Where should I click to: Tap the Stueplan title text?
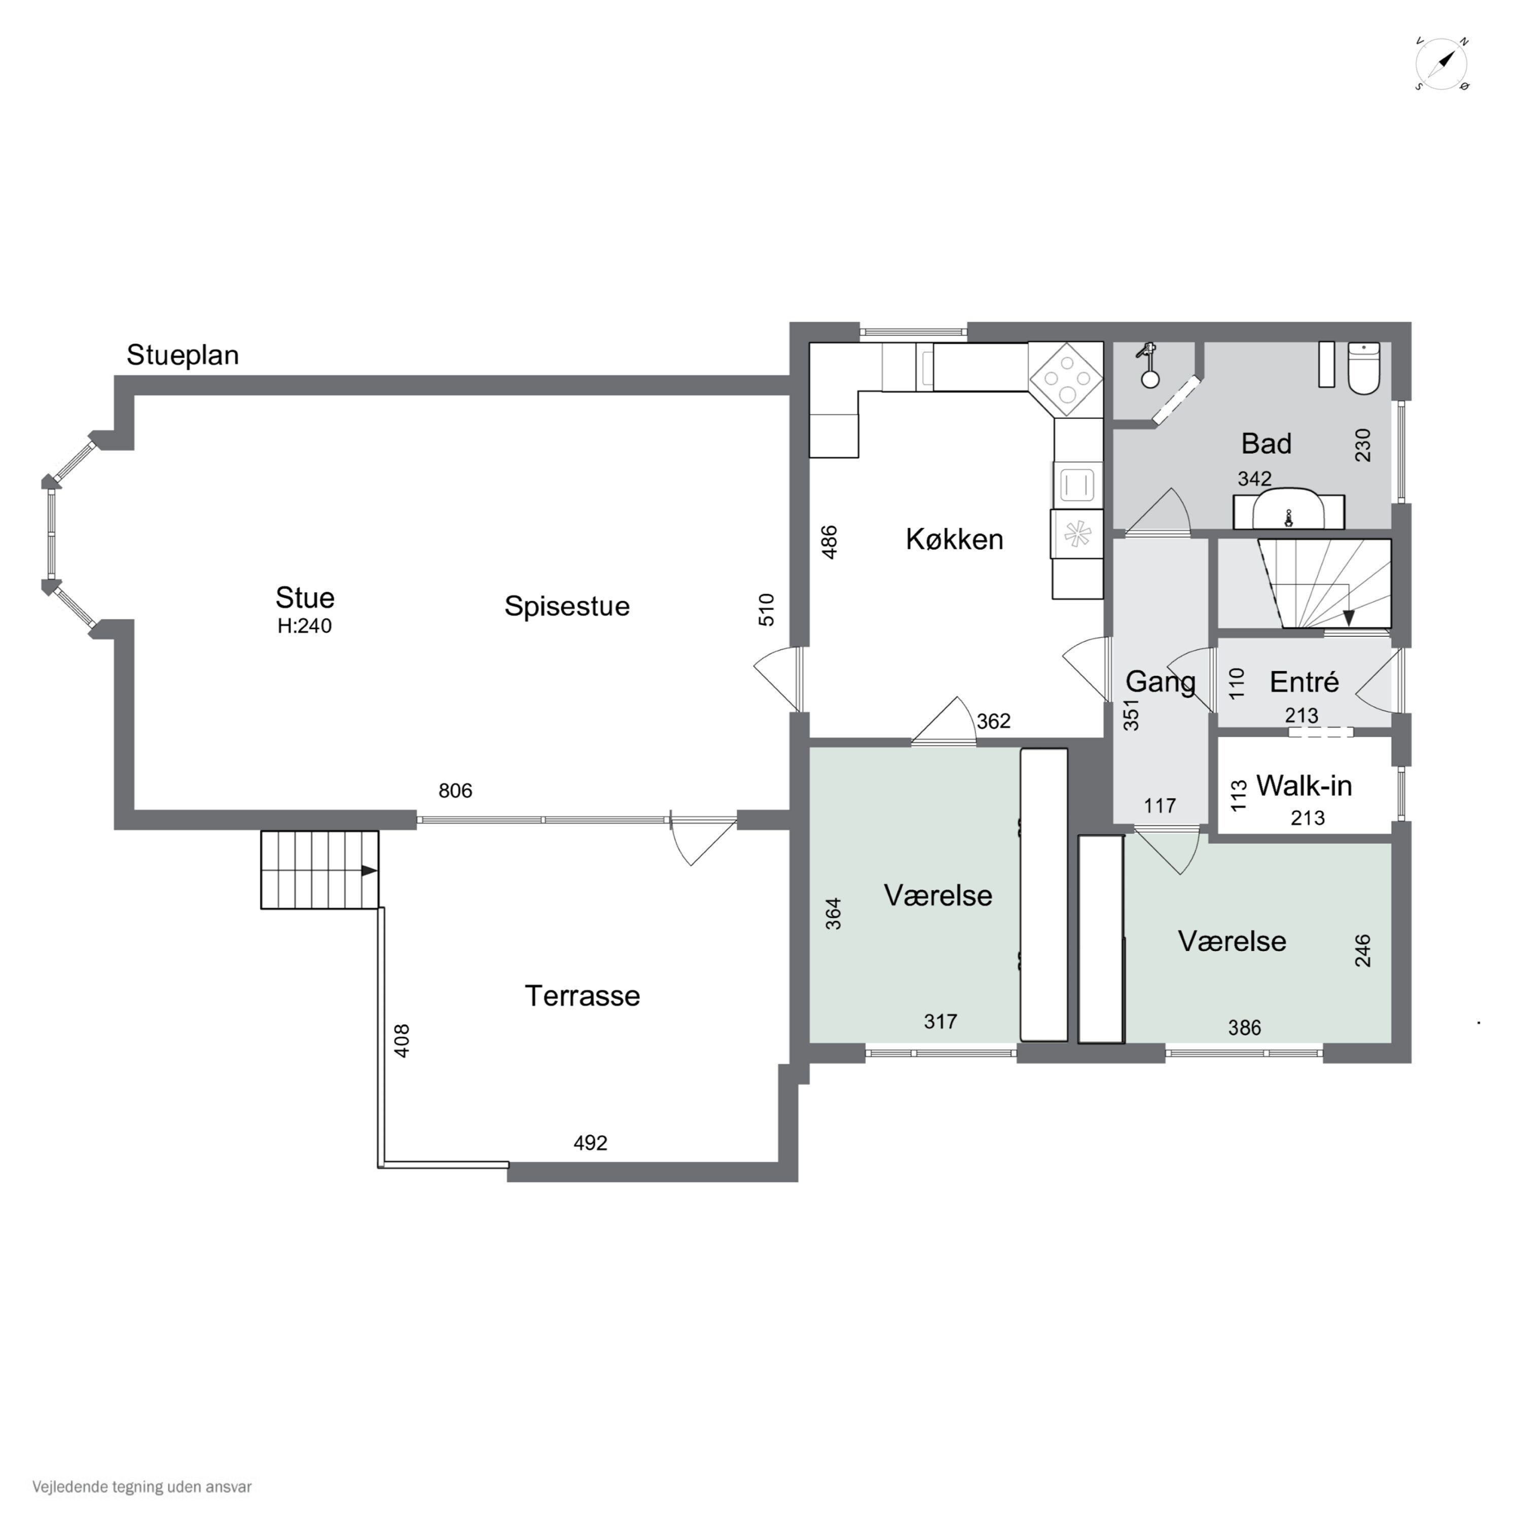pos(183,355)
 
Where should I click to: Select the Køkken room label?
pos(954,539)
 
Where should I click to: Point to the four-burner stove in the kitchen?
pos(1066,379)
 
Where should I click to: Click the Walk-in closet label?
pos(1303,786)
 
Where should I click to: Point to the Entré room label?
pos(1303,682)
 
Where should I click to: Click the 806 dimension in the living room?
pos(455,790)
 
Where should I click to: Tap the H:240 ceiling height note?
pos(305,626)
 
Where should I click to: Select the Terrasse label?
pos(583,996)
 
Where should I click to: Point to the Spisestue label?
pos(567,606)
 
